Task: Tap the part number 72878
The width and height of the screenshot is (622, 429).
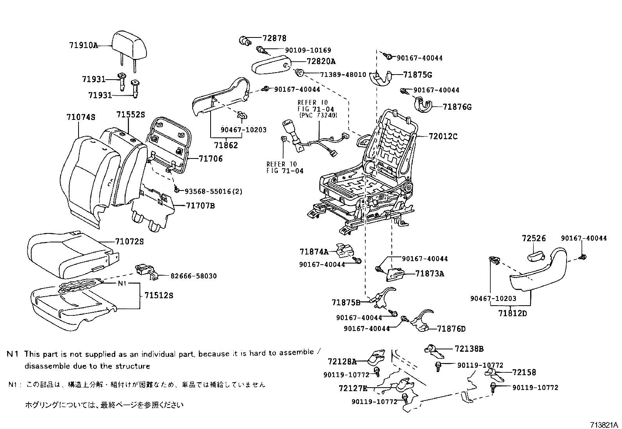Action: [x=274, y=38]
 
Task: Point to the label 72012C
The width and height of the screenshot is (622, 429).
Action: [x=443, y=137]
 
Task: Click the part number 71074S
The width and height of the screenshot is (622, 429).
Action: [x=81, y=117]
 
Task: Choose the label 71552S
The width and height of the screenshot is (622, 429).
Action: [x=130, y=115]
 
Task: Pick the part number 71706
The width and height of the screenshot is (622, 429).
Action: [x=211, y=158]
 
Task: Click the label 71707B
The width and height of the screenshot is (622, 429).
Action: [x=200, y=206]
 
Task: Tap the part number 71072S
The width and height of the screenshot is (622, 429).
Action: [x=129, y=242]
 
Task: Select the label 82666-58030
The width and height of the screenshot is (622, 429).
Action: [x=193, y=276]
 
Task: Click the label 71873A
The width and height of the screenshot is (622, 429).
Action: [x=430, y=274]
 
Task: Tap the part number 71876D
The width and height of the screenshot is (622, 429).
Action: [x=451, y=329]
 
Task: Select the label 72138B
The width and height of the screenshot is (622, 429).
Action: [x=469, y=349]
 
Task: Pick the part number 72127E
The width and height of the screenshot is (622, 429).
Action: [x=353, y=388]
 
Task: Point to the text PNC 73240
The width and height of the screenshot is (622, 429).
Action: [x=317, y=116]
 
